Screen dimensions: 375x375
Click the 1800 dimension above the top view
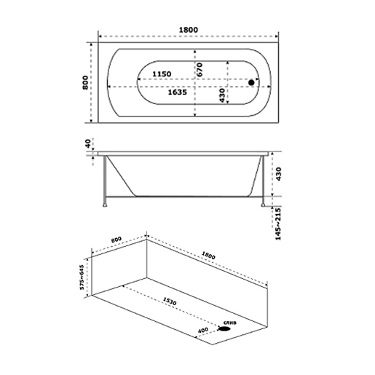click(189, 30)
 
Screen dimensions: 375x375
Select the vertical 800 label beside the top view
click(85, 82)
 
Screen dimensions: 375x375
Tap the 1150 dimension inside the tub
click(162, 74)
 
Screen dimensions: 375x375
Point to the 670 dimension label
click(200, 70)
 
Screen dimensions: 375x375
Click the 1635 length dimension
click(178, 92)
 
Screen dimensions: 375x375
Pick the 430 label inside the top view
click(222, 95)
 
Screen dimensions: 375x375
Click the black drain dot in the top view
click(251, 82)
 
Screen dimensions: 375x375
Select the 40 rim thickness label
click(88, 143)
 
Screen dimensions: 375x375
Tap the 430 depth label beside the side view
click(278, 174)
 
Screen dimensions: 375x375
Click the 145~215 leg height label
click(278, 224)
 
